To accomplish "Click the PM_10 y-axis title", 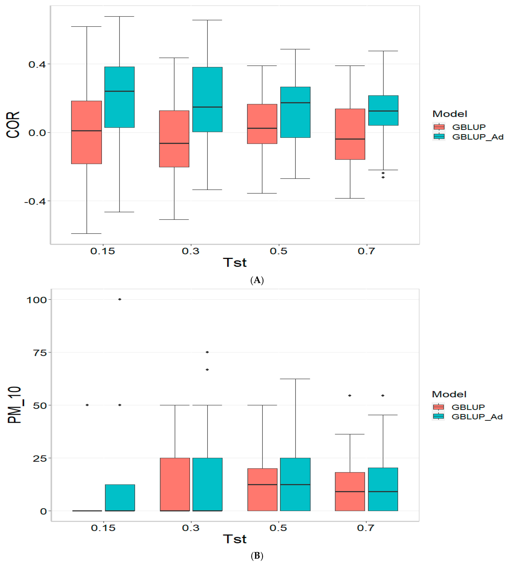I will pyautogui.click(x=14, y=405).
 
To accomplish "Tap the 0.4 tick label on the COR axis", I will pyautogui.click(x=37, y=64).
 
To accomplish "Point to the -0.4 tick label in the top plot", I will pyautogui.click(x=35, y=201).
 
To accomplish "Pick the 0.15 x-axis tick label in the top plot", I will pyautogui.click(x=103, y=251).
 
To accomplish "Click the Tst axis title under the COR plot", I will pyautogui.click(x=235, y=262).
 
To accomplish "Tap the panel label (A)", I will pyautogui.click(x=257, y=280).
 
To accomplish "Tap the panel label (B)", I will pyautogui.click(x=257, y=556).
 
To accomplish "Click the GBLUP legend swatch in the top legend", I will pyautogui.click(x=439, y=127).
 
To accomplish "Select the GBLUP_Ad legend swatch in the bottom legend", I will pyautogui.click(x=438, y=416).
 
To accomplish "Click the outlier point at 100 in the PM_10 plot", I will pyautogui.click(x=120, y=299).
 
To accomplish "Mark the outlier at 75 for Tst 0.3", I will pyautogui.click(x=207, y=352).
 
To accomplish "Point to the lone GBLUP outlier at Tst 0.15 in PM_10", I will pyautogui.click(x=87, y=405).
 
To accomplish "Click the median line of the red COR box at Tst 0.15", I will pyautogui.click(x=86, y=130).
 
